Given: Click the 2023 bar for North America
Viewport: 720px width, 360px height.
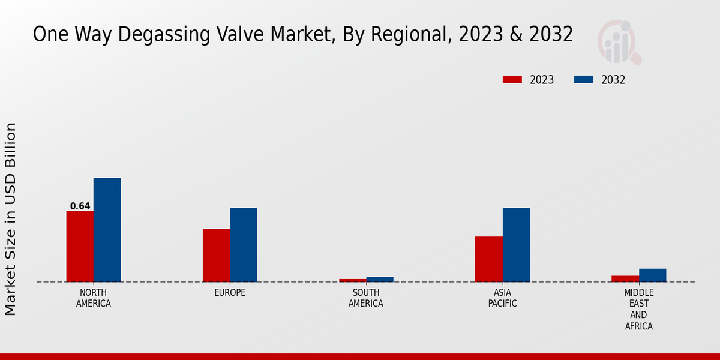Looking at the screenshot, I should click(x=80, y=247).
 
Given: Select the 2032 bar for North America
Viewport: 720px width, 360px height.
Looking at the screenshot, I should click(x=107, y=230).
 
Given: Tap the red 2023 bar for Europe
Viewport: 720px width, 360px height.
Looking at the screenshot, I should click(x=216, y=256).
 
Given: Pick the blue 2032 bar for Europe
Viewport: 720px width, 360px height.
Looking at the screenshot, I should click(x=243, y=245).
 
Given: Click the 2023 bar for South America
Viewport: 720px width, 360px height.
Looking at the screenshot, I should click(x=352, y=280).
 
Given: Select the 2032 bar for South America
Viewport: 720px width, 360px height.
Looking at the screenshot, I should click(x=380, y=279).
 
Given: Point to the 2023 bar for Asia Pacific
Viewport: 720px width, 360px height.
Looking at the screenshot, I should click(x=488, y=259).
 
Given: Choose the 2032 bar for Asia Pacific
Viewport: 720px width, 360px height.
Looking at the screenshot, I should click(x=516, y=245).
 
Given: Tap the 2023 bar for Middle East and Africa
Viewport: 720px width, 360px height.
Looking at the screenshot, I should click(x=625, y=278).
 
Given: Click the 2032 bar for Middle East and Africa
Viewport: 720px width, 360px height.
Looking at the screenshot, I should click(x=652, y=275).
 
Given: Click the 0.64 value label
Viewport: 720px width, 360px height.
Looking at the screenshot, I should click(x=80, y=206).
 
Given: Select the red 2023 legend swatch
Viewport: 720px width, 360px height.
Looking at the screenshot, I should click(x=512, y=80).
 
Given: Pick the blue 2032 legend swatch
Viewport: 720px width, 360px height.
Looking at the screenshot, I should click(x=584, y=80).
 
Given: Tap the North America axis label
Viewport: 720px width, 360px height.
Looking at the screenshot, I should click(x=94, y=298).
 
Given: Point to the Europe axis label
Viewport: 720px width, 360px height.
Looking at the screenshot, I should click(x=230, y=293).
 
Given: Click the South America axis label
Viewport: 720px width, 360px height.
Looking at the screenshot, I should click(x=366, y=298).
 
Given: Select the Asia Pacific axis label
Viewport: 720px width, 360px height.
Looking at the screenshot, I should click(x=502, y=298).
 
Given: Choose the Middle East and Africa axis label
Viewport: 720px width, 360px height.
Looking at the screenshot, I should click(x=638, y=310).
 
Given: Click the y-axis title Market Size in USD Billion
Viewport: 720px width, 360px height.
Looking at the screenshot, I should click(x=11, y=219).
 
